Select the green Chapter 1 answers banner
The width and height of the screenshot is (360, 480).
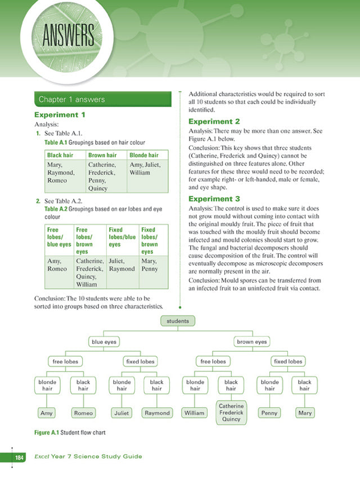point(102,100)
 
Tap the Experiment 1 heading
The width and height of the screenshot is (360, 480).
point(60,115)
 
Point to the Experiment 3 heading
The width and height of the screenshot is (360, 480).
point(214,199)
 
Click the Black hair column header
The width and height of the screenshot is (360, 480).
point(63,155)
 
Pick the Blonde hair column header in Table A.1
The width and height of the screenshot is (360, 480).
point(144,155)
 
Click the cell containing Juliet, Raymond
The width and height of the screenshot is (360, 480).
point(121,264)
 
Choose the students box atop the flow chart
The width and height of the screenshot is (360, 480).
point(178,321)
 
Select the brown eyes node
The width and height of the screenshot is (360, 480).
point(252,342)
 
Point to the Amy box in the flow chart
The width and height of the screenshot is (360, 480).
point(47,412)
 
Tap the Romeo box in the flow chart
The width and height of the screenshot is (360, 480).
point(83,412)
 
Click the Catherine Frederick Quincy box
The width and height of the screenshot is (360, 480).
point(231,412)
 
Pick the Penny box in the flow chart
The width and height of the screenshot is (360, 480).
point(269,412)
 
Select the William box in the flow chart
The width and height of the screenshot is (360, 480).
point(195,412)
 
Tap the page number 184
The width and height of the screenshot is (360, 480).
point(20,456)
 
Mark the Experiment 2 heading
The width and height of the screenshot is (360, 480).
point(214,122)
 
